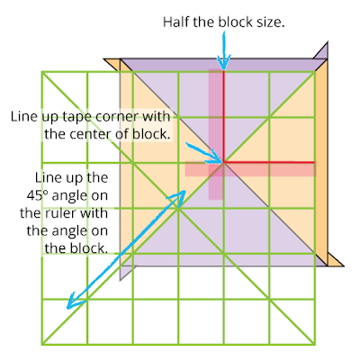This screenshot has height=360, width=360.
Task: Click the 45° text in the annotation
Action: pyautogui.click(x=38, y=195)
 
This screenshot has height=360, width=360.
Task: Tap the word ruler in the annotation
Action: pyautogui.click(x=62, y=213)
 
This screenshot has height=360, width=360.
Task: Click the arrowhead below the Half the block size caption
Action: pyautogui.click(x=224, y=62)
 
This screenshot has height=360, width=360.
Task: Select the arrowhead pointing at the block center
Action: pyautogui.click(x=215, y=159)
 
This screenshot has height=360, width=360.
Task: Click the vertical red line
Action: pyautogui.click(x=223, y=116)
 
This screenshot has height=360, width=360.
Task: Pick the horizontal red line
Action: pyautogui.click(x=269, y=162)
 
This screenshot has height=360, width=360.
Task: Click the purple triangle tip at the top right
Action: pyautogui.click(x=327, y=42)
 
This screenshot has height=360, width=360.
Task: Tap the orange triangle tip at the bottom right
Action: pyautogui.click(x=343, y=265)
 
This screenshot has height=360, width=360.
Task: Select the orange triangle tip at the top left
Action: pyautogui.click(x=103, y=59)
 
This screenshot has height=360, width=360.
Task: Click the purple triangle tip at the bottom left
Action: pyautogui.click(x=120, y=280)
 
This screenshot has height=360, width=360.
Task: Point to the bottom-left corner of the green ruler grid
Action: pyautogui.click(x=41, y=344)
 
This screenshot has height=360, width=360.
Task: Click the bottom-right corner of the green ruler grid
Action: pyautogui.click(x=315, y=344)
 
